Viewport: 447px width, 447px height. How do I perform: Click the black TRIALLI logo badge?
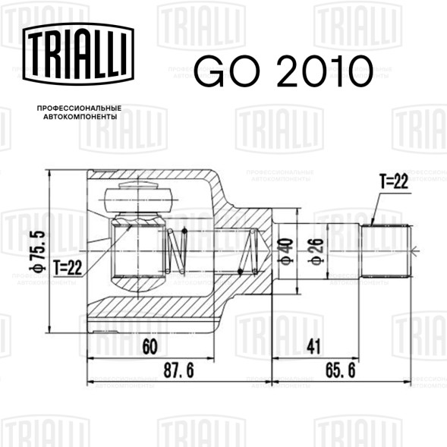[x=78, y=54]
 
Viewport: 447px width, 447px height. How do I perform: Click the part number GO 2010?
[x=283, y=71]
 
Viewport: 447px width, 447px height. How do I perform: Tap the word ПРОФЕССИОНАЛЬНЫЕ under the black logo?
[x=79, y=109]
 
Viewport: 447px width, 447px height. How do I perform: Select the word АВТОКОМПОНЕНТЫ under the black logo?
[x=80, y=117]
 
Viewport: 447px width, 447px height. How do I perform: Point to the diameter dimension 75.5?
[x=37, y=251]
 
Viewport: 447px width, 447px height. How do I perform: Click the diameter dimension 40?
[x=287, y=252]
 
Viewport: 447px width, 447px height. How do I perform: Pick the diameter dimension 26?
[x=317, y=252]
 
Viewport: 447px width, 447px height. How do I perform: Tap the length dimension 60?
[x=150, y=347]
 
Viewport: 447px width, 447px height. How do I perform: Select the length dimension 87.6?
[x=179, y=370]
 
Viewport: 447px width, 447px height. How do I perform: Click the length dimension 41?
[x=313, y=347]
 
